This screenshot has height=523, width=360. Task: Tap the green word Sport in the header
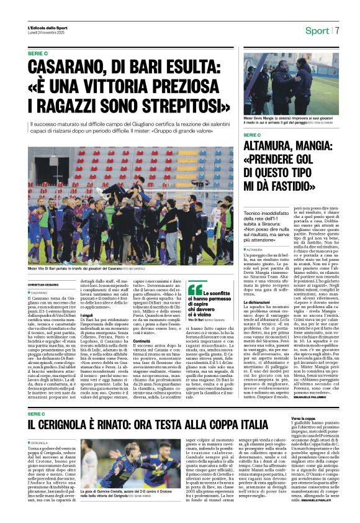tap(317, 30)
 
